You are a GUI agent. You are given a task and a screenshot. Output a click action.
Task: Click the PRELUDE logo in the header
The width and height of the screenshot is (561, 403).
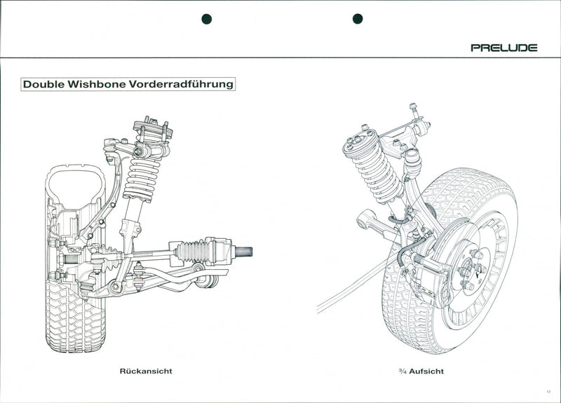click(x=503, y=48)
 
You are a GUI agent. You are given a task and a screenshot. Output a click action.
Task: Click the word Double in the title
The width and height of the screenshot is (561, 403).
click(x=43, y=84)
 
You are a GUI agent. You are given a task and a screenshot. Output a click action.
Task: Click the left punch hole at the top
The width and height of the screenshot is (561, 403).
click(x=206, y=19)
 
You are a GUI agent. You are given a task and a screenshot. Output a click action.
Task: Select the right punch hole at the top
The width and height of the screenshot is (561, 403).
click(x=357, y=19)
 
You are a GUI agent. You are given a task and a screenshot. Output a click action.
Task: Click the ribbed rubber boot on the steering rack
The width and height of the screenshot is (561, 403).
click(x=194, y=251)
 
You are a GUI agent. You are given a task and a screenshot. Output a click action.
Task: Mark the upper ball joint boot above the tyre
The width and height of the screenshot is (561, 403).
click(x=412, y=161)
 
